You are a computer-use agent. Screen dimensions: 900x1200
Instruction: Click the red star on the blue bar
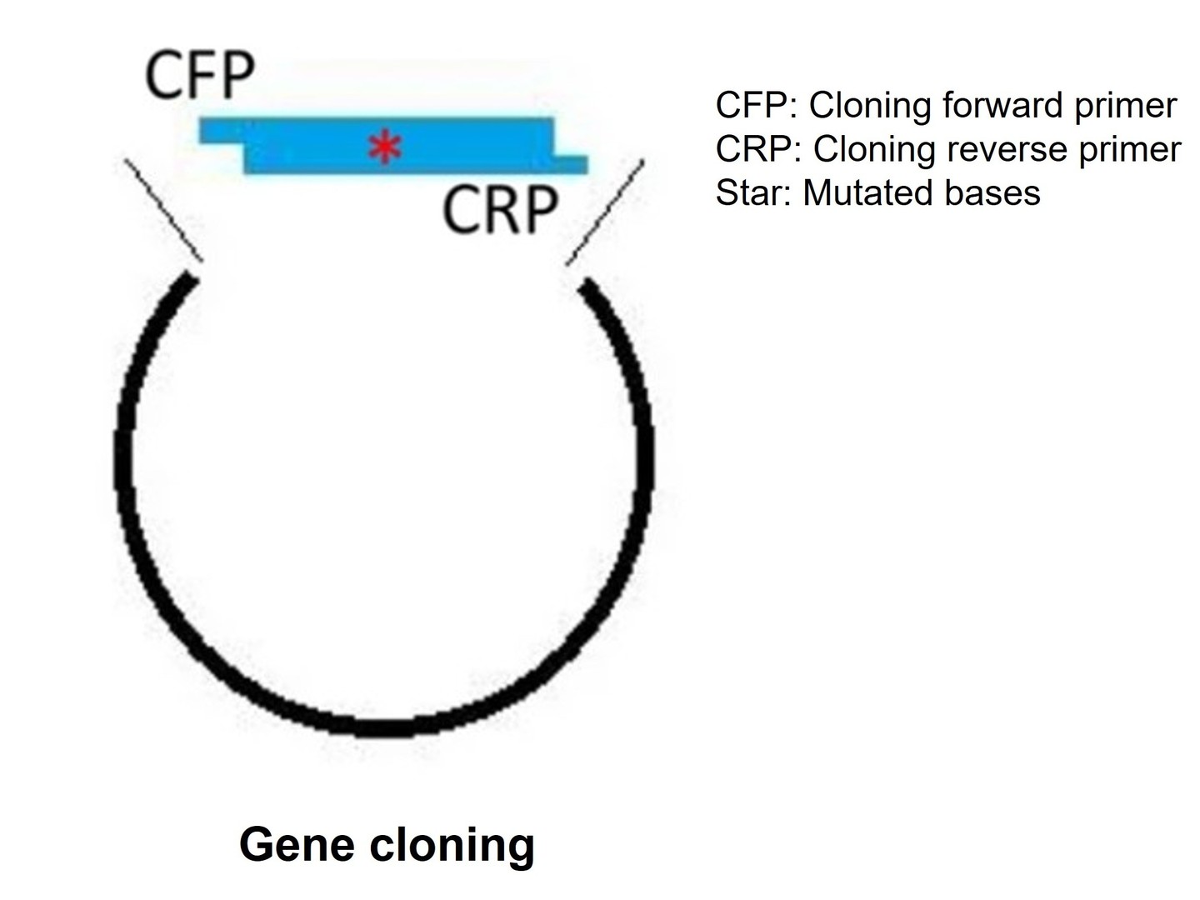(385, 148)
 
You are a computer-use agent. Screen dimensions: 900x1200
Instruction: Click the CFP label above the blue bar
(200, 77)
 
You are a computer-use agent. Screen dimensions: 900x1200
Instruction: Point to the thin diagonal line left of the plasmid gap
(163, 209)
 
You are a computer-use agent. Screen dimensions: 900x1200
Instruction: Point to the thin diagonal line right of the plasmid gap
(605, 212)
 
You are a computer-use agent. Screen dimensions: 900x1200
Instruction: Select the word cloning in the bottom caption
(451, 844)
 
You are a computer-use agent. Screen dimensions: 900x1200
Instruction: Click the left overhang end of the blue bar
(220, 131)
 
